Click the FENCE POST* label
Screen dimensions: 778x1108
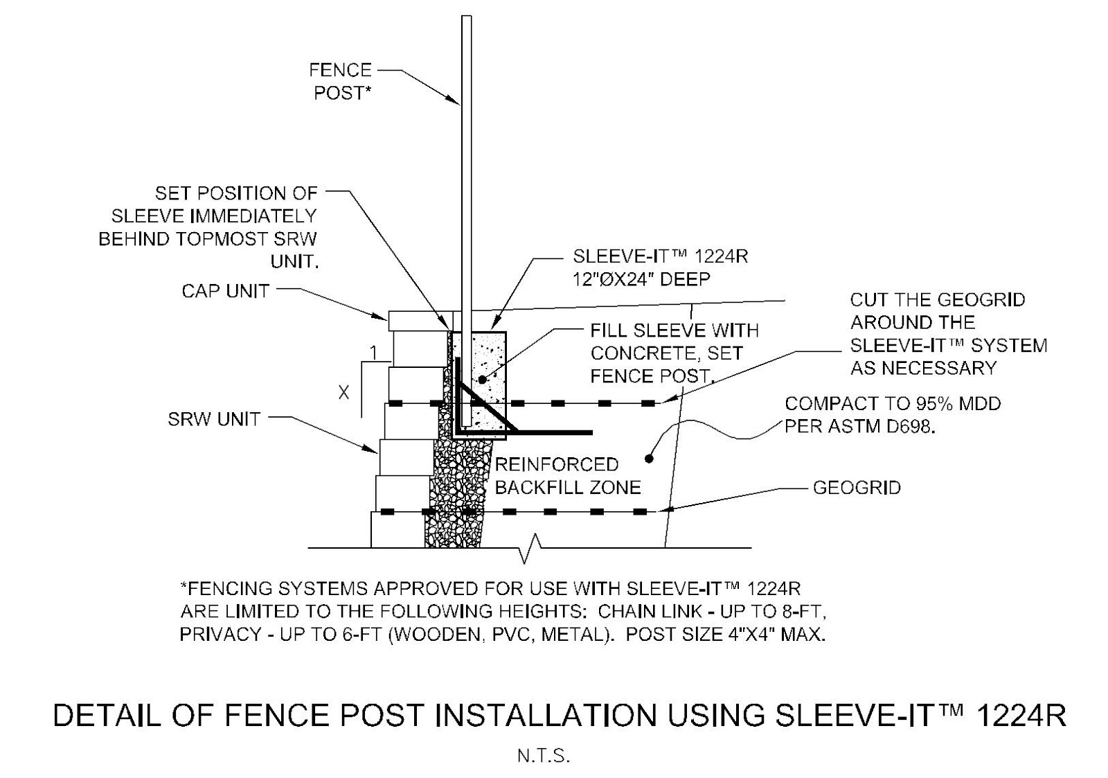(x=340, y=81)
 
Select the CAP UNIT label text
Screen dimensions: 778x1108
(x=225, y=291)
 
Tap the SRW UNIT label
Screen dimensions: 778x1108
(x=214, y=419)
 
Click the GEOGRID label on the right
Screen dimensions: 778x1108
(x=857, y=488)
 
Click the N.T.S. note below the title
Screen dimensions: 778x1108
(x=544, y=756)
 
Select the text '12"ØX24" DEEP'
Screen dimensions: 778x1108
(x=641, y=279)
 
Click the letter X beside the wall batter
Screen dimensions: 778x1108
(x=343, y=393)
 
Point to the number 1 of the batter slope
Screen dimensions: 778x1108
(x=373, y=353)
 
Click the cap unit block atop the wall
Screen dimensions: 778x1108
(x=420, y=321)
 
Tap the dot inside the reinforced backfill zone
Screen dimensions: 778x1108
(x=649, y=458)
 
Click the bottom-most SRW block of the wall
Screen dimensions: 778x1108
(x=397, y=530)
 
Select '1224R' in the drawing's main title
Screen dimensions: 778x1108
(x=1021, y=716)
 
